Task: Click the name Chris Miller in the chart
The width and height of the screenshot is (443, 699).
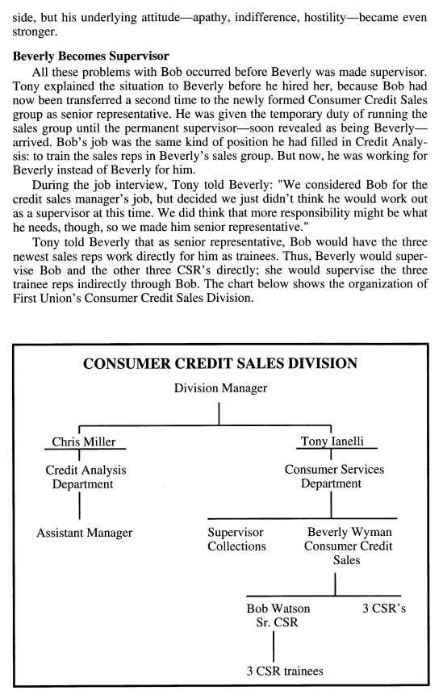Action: pos(78,442)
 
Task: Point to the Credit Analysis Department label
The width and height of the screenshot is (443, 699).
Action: pos(79,476)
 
